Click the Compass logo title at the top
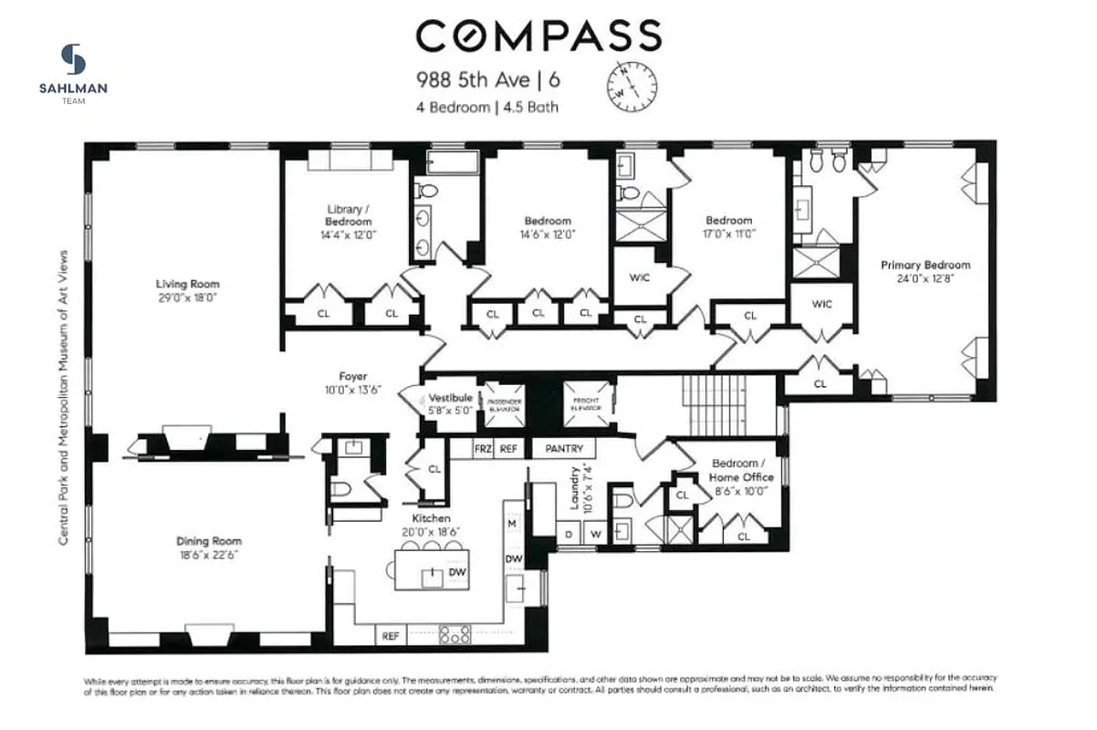pos(538,36)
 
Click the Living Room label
pos(187,284)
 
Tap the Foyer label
pos(353,376)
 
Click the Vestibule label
pos(451,398)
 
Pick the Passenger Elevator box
pos(504,404)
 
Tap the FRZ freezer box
pos(483,449)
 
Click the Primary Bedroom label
pos(925,265)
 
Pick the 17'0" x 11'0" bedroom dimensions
pos(729,234)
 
